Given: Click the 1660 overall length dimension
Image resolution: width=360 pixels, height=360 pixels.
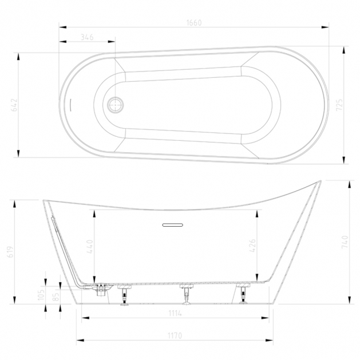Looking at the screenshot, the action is [194, 23].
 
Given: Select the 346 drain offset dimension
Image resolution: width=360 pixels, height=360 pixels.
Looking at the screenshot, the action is [87, 37].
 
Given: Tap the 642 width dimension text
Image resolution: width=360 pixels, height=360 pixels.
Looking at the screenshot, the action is [14, 105].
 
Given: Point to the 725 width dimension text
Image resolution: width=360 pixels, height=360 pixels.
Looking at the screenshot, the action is [339, 105].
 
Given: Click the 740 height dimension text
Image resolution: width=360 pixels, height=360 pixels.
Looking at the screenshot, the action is [345, 242].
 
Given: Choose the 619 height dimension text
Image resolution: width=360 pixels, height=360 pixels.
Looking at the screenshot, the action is [10, 252].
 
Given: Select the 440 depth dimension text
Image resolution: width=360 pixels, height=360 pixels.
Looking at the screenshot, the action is [90, 247].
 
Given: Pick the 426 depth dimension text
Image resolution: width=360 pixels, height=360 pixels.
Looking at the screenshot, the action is [252, 246].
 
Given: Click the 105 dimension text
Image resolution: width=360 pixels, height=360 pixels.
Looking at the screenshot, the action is [41, 295].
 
